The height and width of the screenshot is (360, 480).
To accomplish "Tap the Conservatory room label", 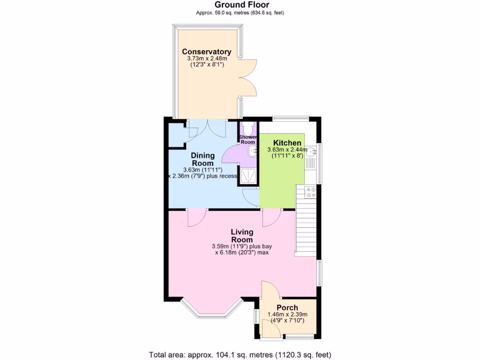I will [x=206, y=52].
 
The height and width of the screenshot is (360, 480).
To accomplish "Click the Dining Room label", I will [x=202, y=159].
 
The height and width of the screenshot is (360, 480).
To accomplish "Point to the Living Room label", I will [x=242, y=236].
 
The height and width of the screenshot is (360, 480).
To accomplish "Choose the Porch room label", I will [x=287, y=307].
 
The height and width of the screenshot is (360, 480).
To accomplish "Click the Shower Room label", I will [x=247, y=139].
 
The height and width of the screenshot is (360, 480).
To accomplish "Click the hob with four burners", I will [x=310, y=192].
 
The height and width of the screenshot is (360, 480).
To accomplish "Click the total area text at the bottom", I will [x=240, y=354].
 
